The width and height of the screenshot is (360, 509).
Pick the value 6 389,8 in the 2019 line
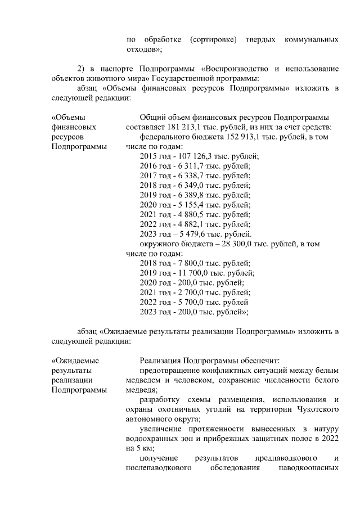click(x=190, y=195)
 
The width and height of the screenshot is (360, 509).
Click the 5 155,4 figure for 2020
click(x=190, y=205)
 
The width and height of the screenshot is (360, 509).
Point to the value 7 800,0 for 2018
click(x=190, y=263)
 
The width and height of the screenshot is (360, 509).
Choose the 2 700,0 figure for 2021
click(x=190, y=292)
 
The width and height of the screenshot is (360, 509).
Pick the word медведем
click(x=143, y=380)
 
